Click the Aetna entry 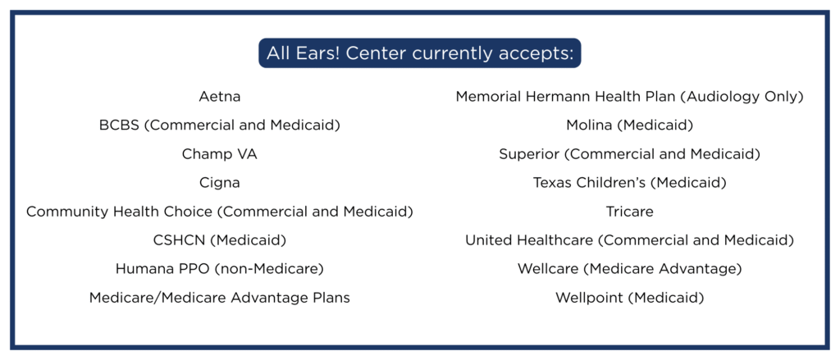(x=220, y=97)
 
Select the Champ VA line (x=220, y=154)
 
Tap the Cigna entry (x=220, y=183)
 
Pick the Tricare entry (x=629, y=212)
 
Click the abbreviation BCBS (x=120, y=125)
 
